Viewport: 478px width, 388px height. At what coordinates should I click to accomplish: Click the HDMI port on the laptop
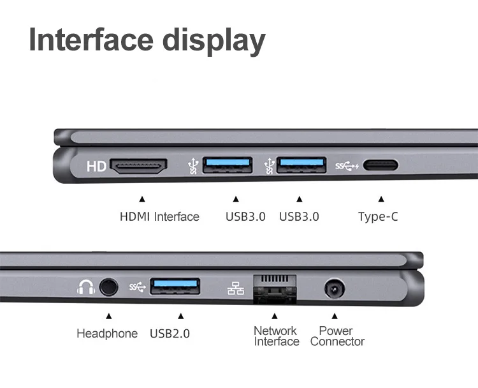[x=138, y=167]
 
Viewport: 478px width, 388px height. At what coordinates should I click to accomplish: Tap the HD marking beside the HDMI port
[x=96, y=167]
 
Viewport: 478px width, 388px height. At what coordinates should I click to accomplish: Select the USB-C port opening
[x=380, y=165]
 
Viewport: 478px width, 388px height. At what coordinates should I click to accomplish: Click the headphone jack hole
[x=108, y=287]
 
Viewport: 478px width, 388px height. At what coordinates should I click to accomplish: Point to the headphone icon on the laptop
[x=85, y=287]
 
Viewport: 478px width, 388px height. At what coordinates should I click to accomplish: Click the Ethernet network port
[x=275, y=288]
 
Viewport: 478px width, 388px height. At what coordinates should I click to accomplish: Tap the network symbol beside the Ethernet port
[x=236, y=288]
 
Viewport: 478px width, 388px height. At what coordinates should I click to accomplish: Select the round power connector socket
[x=335, y=288]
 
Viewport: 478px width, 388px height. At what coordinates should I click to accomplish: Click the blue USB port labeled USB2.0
[x=175, y=287]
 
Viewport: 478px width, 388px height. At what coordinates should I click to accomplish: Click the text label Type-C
[x=378, y=217]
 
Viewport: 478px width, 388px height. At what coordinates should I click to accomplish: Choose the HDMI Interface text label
[x=159, y=217]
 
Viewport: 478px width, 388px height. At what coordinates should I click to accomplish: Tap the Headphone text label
[x=107, y=333]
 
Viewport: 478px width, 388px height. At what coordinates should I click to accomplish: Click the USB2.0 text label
[x=170, y=333]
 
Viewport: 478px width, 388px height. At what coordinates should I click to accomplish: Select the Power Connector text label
[x=337, y=336]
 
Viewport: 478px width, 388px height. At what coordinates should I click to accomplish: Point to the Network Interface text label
[x=277, y=336]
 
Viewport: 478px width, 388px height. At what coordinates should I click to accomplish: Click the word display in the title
[x=214, y=41]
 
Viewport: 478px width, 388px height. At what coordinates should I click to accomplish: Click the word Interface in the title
[x=91, y=40]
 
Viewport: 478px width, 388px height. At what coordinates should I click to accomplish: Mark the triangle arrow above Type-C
[x=381, y=199]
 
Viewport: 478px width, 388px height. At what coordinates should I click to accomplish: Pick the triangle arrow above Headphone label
[x=109, y=316]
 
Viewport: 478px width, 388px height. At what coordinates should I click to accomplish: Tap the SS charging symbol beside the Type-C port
[x=347, y=166]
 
